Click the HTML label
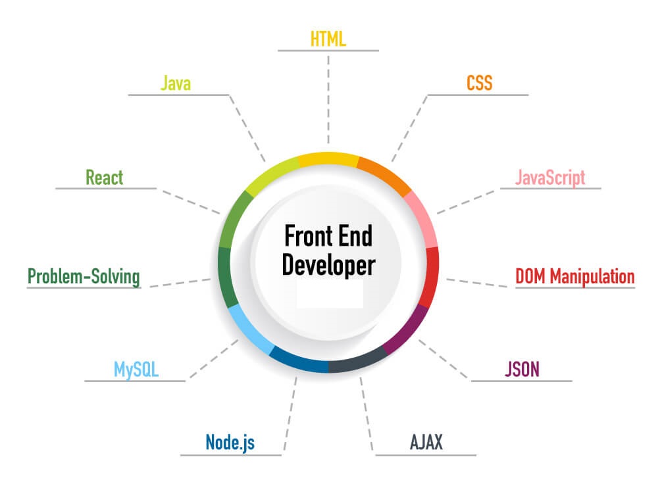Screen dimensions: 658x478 tap(328, 39)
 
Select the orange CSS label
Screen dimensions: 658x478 tap(479, 83)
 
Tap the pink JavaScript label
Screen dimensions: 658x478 tap(550, 178)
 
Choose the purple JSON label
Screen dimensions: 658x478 tap(522, 369)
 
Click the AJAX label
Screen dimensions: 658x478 tap(426, 442)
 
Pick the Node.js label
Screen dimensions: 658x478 tap(230, 442)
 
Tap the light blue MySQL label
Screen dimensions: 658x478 tap(136, 370)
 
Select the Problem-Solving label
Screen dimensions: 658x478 tap(84, 277)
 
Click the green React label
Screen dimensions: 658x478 tap(105, 178)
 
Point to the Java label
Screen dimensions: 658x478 tap(176, 83)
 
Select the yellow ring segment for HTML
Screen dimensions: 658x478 tap(328, 159)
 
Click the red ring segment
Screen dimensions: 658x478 tap(431, 277)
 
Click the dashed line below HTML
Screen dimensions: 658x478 tap(328, 100)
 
